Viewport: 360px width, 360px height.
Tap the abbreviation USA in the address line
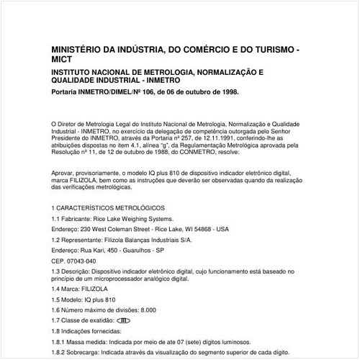coord(222,229)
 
